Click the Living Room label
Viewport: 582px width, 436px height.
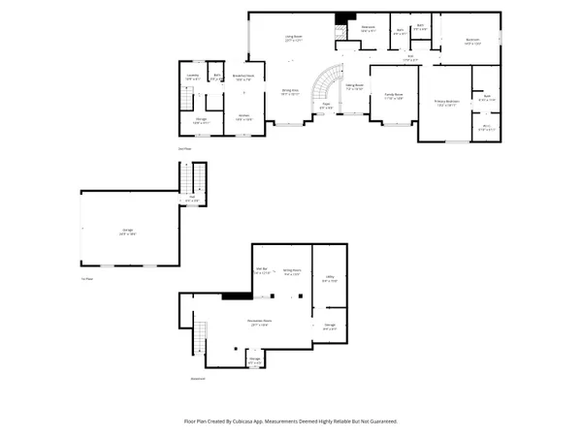point(294,39)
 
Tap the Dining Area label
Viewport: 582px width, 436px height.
point(290,92)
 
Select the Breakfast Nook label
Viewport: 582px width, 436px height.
point(244,77)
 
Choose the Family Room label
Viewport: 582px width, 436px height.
point(393,97)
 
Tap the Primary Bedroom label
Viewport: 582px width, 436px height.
point(446,104)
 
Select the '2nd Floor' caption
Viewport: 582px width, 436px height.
point(184,149)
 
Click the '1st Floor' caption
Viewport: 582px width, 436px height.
point(87,279)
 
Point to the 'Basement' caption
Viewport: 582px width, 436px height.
point(198,380)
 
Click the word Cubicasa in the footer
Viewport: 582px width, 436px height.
point(258,421)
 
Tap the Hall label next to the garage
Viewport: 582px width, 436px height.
point(192,199)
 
